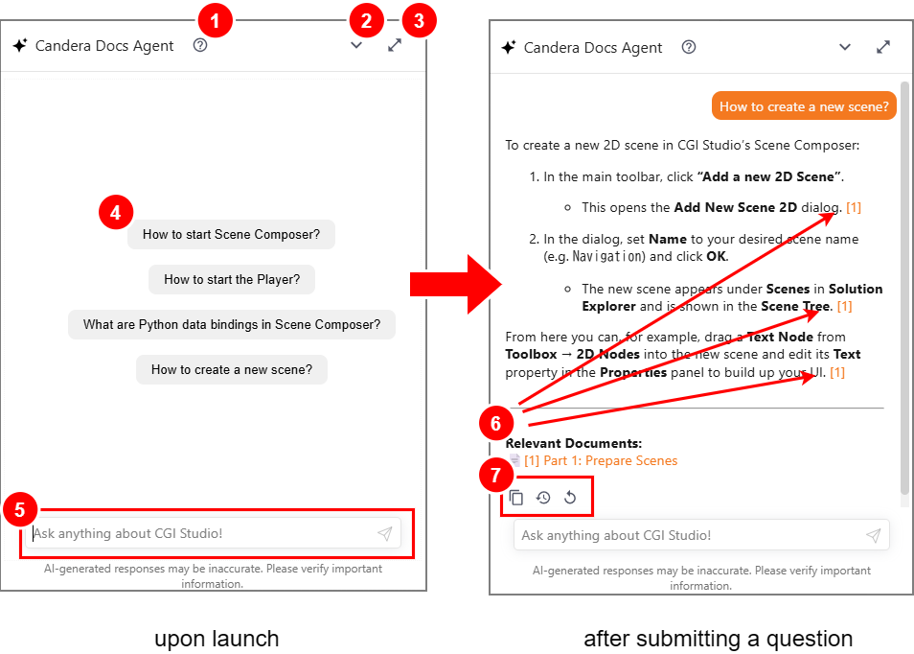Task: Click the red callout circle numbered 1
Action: pyautogui.click(x=215, y=20)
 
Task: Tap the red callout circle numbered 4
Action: pyautogui.click(x=115, y=212)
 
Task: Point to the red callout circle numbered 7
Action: pyautogui.click(x=495, y=475)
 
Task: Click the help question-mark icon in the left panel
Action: pyautogui.click(x=200, y=45)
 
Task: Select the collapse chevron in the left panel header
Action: pyautogui.click(x=356, y=45)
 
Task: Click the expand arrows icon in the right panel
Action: pyautogui.click(x=883, y=47)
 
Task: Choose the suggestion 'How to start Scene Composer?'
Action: pyautogui.click(x=232, y=235)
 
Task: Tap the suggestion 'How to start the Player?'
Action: pyautogui.click(x=232, y=279)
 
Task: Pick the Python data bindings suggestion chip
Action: pyautogui.click(x=232, y=324)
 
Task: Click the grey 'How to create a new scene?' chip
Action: pyautogui.click(x=232, y=370)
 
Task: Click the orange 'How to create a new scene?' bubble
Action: pyautogui.click(x=804, y=106)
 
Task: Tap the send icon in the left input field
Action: pyautogui.click(x=385, y=533)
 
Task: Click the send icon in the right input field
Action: pyautogui.click(x=873, y=535)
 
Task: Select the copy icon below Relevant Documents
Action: pyautogui.click(x=516, y=497)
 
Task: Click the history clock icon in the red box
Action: pyautogui.click(x=543, y=497)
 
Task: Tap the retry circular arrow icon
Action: pyautogui.click(x=570, y=497)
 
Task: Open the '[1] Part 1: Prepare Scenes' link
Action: pyautogui.click(x=601, y=461)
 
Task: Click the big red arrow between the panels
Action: pyautogui.click(x=456, y=284)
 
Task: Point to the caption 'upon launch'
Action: pyautogui.click(x=217, y=639)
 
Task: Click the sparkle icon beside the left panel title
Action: pyautogui.click(x=20, y=45)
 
